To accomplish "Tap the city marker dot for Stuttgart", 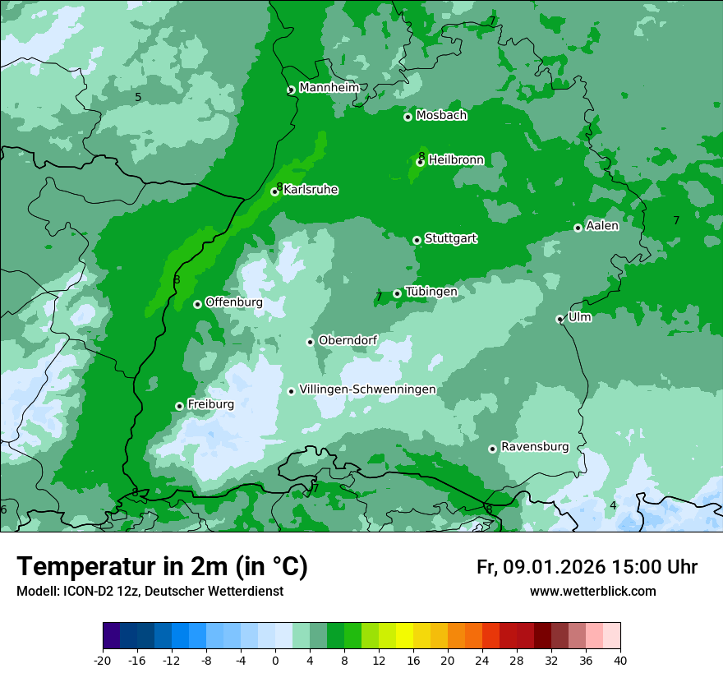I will pyautogui.click(x=417, y=240).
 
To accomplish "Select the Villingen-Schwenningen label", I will pyautogui.click(x=367, y=389).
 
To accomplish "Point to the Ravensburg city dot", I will pyautogui.click(x=492, y=449).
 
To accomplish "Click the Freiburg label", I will pyautogui.click(x=210, y=404).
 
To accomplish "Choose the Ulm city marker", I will pyautogui.click(x=560, y=319).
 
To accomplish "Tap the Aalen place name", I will pyautogui.click(x=602, y=226).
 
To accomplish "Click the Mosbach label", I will pyautogui.click(x=441, y=116).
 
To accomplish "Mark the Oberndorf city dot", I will pyautogui.click(x=310, y=342).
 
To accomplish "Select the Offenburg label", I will pyautogui.click(x=233, y=302).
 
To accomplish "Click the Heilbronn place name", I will pyautogui.click(x=456, y=160).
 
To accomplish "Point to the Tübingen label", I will pyautogui.click(x=431, y=292).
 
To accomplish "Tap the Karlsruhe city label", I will pyautogui.click(x=311, y=190).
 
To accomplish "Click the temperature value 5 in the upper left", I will pyautogui.click(x=138, y=98).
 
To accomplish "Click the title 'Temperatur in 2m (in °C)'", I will pyautogui.click(x=162, y=566).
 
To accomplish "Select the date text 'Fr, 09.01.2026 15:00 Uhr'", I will pyautogui.click(x=587, y=567).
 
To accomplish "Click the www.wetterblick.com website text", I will pyautogui.click(x=592, y=592).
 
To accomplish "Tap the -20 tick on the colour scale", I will pyautogui.click(x=103, y=660).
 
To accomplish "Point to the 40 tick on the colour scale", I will pyautogui.click(x=619, y=660).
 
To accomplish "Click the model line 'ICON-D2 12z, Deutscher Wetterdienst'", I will pyautogui.click(x=150, y=592).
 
